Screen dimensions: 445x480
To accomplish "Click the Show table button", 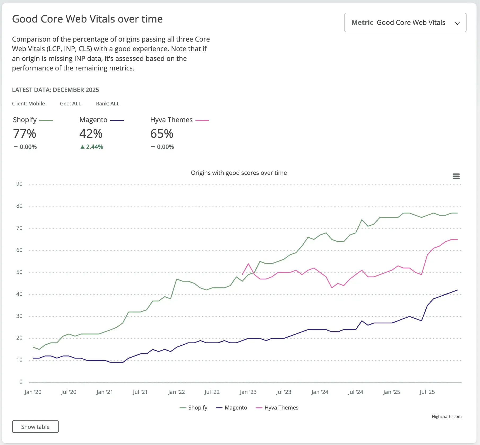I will click(x=35, y=426).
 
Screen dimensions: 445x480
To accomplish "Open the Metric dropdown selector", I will click(x=405, y=23).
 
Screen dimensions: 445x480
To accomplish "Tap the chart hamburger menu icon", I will click(x=456, y=176).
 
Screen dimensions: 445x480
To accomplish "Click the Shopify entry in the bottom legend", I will click(x=194, y=408).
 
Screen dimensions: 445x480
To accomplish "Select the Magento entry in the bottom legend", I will click(x=232, y=408).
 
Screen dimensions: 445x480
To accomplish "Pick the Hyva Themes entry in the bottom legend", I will click(x=277, y=408).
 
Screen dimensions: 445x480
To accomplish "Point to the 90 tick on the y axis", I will click(x=19, y=184).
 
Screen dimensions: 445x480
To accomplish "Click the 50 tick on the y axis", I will click(x=19, y=272).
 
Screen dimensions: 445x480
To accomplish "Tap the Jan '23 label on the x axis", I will click(x=248, y=392).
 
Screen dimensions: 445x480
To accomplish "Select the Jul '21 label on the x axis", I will click(x=140, y=392).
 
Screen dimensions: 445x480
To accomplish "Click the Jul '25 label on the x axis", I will click(x=427, y=392).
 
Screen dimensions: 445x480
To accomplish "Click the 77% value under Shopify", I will click(x=24, y=134).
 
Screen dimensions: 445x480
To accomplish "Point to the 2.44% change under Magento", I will click(x=94, y=147).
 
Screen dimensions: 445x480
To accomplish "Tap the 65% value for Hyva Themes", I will click(x=162, y=134).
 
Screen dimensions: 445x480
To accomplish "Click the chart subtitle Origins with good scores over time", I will click(x=239, y=173).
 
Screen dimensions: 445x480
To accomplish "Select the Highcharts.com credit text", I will click(x=447, y=416).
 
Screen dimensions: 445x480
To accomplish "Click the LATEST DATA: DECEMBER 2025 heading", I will click(x=55, y=90).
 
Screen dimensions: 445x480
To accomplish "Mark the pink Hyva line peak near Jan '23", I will click(x=248, y=264).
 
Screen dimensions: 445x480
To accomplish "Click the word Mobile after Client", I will click(x=37, y=104).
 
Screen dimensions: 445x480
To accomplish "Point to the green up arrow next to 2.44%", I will click(x=82, y=147).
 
